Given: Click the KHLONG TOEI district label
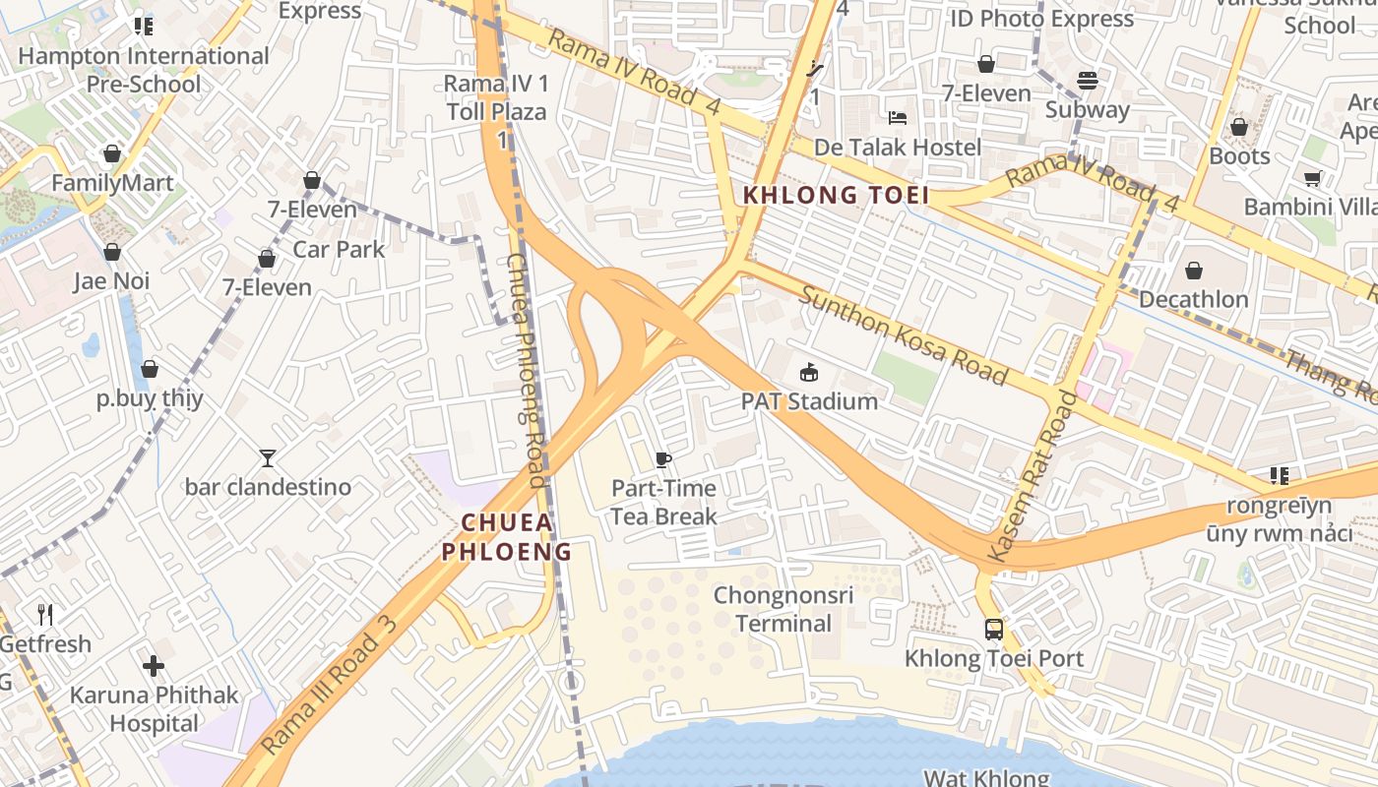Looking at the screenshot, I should tap(836, 195).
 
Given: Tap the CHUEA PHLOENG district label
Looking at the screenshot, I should tap(506, 537).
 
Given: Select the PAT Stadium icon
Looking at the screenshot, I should tap(809, 372).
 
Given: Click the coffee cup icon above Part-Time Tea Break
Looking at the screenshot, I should tap(663, 459).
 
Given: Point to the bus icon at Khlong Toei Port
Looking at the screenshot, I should tap(994, 629).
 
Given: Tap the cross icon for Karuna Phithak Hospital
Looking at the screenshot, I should tap(154, 666).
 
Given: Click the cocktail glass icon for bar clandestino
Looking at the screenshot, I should tap(267, 457).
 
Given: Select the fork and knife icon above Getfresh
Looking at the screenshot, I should tap(45, 615).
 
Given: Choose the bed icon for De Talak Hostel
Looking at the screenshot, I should tap(898, 118).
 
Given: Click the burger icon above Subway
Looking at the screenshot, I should tap(1088, 81).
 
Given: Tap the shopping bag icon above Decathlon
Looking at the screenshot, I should tap(1194, 271).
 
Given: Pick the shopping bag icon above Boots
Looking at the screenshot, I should tap(1239, 127).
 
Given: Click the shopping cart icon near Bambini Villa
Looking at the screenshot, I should tap(1312, 178).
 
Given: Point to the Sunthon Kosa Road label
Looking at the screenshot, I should tap(903, 335).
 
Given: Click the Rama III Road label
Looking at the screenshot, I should tap(330, 687).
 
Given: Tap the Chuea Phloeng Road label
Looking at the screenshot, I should tap(526, 370).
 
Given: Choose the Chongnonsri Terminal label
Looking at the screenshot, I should tap(783, 609).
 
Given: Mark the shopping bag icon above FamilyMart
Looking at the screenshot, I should tap(112, 154).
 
